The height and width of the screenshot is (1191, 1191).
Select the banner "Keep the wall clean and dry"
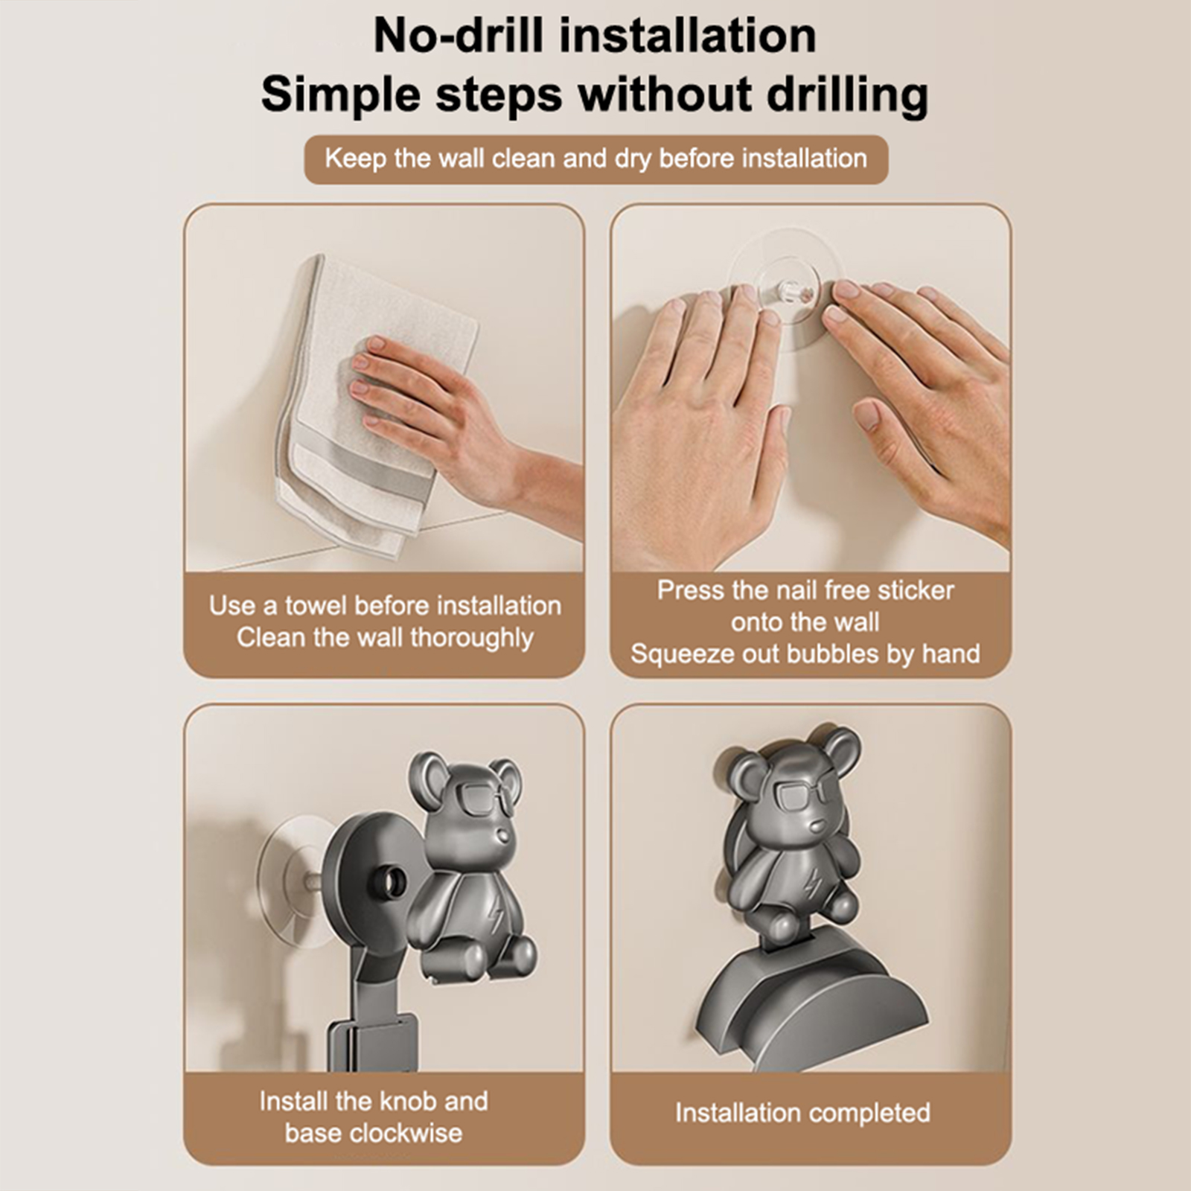(596, 159)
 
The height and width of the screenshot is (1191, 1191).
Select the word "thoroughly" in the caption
(472, 639)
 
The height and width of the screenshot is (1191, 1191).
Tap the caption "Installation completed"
(802, 1113)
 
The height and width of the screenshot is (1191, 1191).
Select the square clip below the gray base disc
(373, 1042)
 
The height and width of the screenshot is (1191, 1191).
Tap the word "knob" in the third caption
(414, 1101)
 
